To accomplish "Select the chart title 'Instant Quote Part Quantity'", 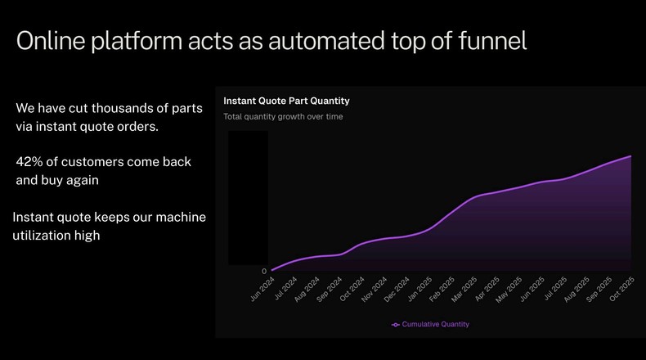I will point(286,101).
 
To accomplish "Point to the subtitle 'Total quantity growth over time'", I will point(283,116).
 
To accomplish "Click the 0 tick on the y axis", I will point(264,271).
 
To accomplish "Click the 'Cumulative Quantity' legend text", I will point(435,325).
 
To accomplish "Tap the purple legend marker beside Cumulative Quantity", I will point(396,325).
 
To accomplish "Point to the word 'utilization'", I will point(45,236).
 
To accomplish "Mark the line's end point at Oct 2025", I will point(631,155).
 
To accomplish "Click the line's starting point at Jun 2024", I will point(271,269).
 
